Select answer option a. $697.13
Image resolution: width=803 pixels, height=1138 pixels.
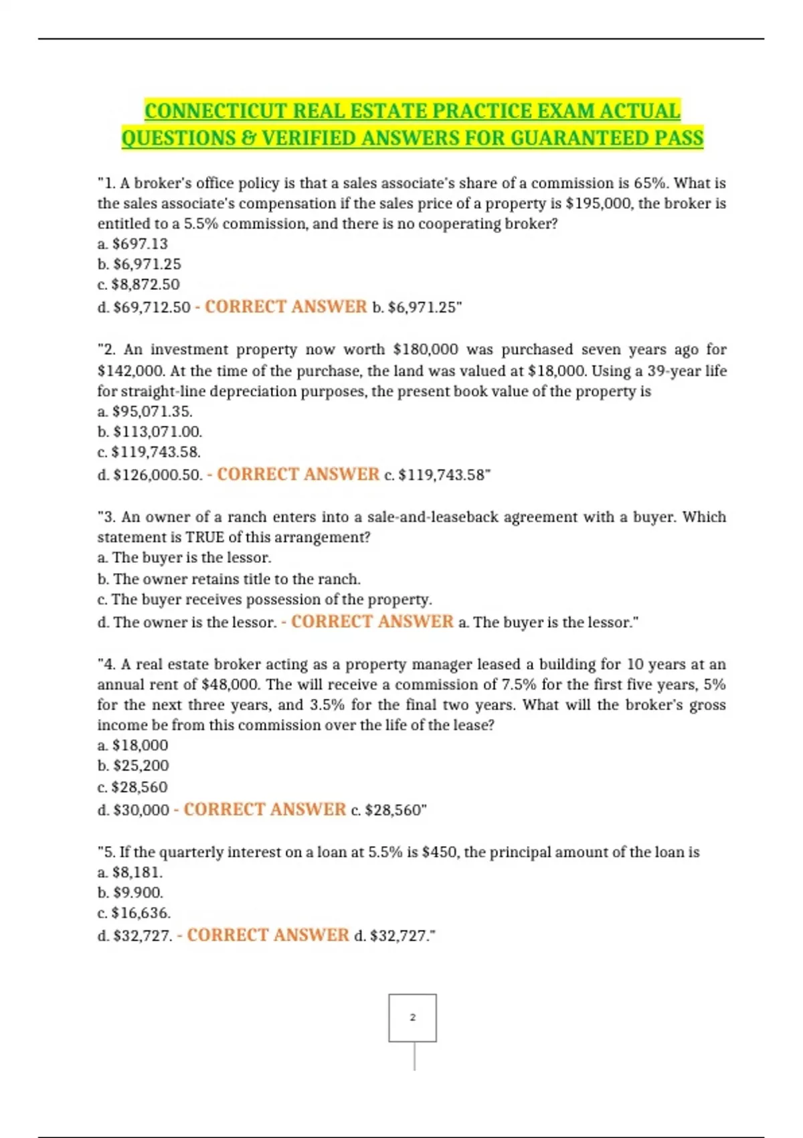pyautogui.click(x=132, y=244)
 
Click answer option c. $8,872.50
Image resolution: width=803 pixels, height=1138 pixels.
pyautogui.click(x=139, y=284)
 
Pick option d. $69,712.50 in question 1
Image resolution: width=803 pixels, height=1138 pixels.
pyautogui.click(x=144, y=307)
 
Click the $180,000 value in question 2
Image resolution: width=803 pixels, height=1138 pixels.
pyautogui.click(x=426, y=349)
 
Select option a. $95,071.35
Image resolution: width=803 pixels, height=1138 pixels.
pyautogui.click(x=145, y=411)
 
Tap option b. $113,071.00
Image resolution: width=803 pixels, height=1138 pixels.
pyautogui.click(x=150, y=432)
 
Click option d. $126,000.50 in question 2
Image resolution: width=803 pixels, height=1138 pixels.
pyautogui.click(x=150, y=475)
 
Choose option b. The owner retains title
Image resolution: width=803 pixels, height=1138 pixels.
pyautogui.click(x=229, y=579)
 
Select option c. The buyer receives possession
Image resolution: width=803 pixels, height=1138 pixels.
pyautogui.click(x=265, y=599)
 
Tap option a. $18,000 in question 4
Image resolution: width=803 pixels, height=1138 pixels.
pyautogui.click(x=132, y=745)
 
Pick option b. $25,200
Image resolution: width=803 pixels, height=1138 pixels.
pyautogui.click(x=133, y=765)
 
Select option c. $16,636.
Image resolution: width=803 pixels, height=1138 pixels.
pyautogui.click(x=134, y=913)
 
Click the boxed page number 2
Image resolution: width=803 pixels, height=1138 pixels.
pyautogui.click(x=412, y=1018)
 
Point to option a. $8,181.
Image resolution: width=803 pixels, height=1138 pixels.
pyautogui.click(x=130, y=872)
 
